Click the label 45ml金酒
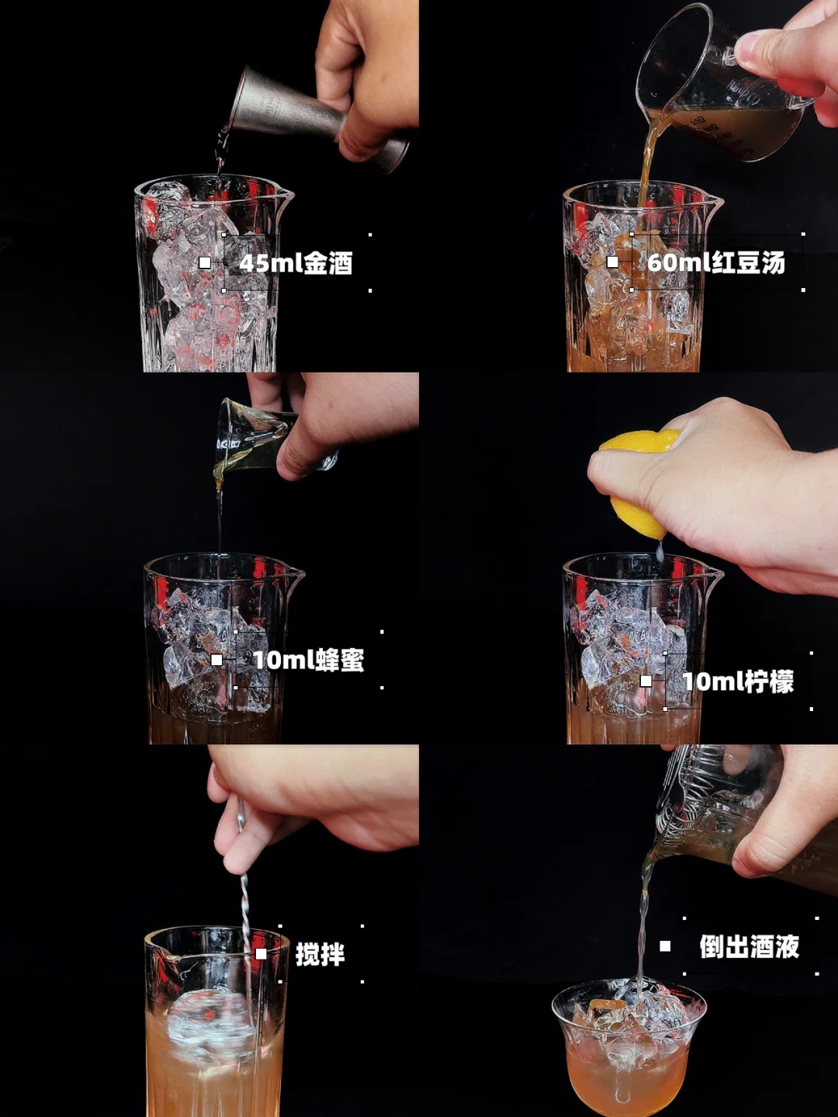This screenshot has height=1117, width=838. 296,264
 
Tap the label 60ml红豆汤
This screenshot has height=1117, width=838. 716,262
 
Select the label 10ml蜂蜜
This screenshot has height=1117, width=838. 309,661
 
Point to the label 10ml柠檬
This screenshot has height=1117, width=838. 739,682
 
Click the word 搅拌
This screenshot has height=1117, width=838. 320,955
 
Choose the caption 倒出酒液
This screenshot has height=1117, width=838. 750,946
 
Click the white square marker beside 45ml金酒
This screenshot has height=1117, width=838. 205,262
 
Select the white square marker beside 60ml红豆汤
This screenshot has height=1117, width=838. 613,262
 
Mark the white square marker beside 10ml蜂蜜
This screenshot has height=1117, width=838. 216,660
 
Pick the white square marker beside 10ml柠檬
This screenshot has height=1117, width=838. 646,682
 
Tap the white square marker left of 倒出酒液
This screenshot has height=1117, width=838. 665,946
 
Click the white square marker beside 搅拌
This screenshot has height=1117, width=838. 261,954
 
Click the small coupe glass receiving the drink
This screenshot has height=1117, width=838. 629,1048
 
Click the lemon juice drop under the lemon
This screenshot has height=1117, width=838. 660,550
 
